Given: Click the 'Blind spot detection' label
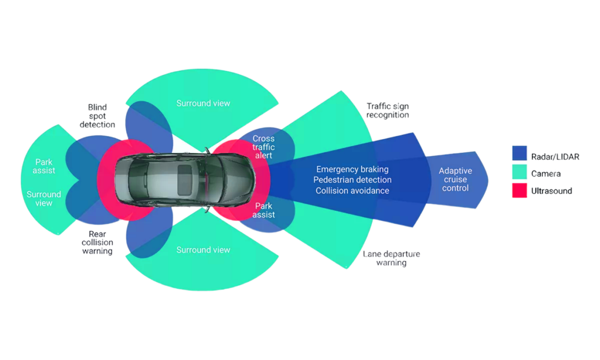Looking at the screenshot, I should pos(97,116).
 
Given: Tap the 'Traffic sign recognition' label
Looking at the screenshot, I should pos(387,111).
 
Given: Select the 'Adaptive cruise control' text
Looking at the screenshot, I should pos(455,179).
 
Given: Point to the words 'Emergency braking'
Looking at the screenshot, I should pos(352,169).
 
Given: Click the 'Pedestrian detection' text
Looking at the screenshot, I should pos(352,180).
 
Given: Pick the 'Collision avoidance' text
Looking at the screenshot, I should pos(352,191).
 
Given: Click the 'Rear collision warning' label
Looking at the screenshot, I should pos(97,243).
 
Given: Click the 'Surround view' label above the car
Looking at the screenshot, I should pos(203,104).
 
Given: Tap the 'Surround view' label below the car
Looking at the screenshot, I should pos(203,250).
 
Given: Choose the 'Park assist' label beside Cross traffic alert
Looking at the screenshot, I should pos(263,210).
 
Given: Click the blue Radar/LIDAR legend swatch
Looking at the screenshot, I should pos(520,153).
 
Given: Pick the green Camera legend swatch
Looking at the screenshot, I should pos(520,172).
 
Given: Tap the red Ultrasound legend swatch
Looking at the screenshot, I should pos(520,191).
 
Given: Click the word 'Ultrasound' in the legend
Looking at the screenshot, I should pos(551,191).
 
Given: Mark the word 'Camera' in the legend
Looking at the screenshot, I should pos(546,174).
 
